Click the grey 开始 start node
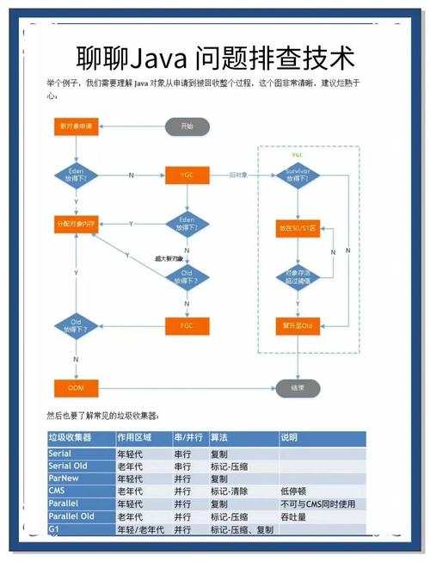coord(187,127)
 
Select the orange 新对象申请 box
coord(75,127)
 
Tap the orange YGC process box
coord(187,175)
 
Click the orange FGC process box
coord(187,326)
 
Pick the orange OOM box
coord(75,388)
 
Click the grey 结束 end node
coord(298,388)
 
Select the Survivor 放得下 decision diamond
coord(298,176)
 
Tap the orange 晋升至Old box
coord(298,325)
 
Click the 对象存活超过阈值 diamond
coord(298,277)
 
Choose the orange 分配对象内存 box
coord(75,224)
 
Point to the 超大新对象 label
coord(169,258)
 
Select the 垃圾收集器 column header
coord(71,437)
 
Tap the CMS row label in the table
coord(57,491)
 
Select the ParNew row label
coord(63,478)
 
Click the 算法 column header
coord(220,437)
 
